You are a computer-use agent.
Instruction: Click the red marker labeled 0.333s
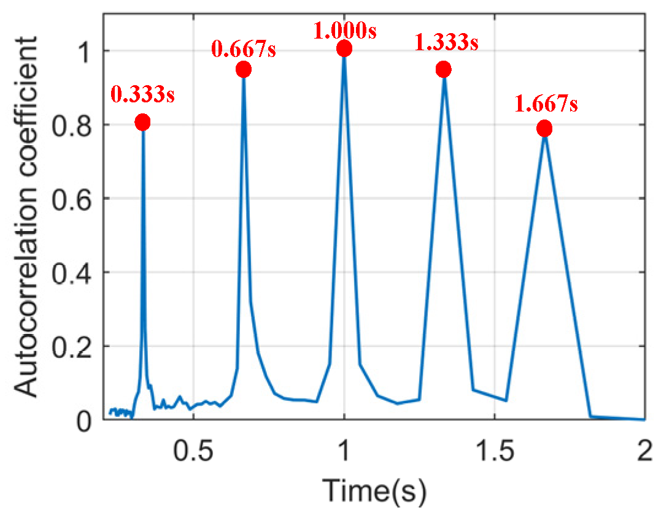coord(142,123)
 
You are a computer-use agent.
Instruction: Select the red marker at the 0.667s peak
coord(244,70)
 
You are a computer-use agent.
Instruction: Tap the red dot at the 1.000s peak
coord(344,48)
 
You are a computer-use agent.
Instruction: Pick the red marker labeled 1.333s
coord(444,70)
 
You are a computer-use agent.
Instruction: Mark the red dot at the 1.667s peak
coord(544,129)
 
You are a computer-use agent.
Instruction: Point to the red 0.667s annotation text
coord(244,48)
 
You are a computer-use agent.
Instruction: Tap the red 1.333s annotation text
coord(447,44)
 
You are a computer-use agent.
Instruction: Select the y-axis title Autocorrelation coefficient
coord(27,215)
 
